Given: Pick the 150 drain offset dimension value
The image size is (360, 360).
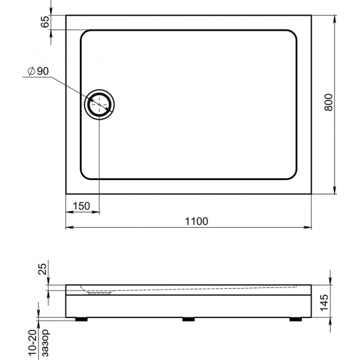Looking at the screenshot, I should (x=81, y=206).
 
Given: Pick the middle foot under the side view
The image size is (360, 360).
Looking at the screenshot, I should (x=189, y=320).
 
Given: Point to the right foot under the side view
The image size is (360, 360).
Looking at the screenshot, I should (x=293, y=320).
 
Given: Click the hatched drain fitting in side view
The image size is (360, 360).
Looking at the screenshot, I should (x=99, y=294).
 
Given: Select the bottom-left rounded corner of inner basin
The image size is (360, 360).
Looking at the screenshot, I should (x=85, y=173).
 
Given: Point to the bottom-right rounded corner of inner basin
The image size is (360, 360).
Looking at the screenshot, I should (x=293, y=173).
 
